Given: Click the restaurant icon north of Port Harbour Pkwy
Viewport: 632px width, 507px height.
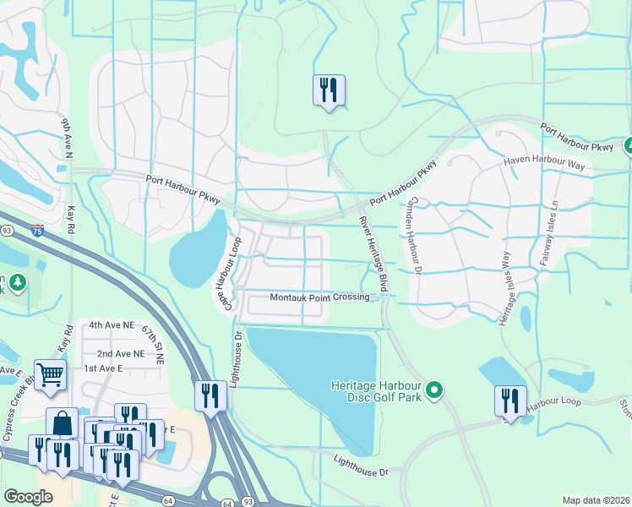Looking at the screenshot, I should (329, 90).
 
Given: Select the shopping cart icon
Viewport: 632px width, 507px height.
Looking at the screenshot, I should (50, 374).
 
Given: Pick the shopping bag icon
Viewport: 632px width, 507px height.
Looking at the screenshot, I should (62, 423).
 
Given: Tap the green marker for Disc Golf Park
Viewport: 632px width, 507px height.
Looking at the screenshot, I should (434, 390).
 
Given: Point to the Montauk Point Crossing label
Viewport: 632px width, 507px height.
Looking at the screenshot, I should (319, 297).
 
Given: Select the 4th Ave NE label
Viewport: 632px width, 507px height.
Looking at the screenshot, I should (112, 324).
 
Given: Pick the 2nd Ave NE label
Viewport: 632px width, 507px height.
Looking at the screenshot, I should (120, 353).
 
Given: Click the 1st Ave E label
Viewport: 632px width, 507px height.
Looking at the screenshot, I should (103, 368).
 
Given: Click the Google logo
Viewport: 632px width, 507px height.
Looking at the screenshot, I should (28, 497).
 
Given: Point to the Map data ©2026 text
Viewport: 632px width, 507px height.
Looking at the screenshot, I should (595, 500).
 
